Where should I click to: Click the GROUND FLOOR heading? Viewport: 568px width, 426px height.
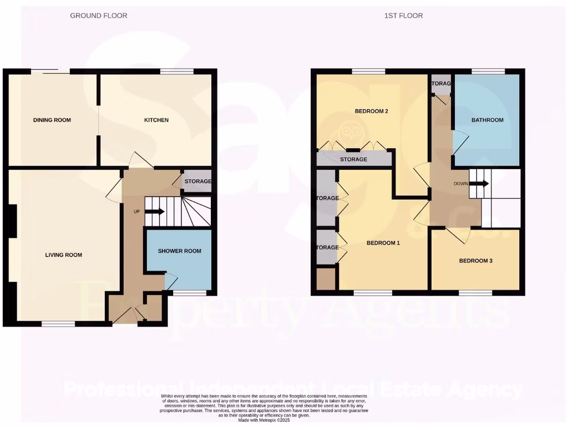tap(98, 16)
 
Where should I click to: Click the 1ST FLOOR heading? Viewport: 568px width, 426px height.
tap(403, 16)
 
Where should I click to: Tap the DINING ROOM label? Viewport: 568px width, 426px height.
tap(52, 120)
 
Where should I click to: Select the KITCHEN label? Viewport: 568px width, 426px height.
tap(156, 120)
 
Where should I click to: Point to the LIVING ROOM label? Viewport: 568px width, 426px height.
tap(64, 255)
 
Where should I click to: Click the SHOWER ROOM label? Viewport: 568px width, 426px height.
tap(179, 251)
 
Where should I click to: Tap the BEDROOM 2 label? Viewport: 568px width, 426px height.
tap(371, 111)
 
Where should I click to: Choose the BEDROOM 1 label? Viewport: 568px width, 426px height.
tap(383, 243)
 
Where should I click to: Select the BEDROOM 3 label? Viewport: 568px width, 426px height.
tap(475, 261)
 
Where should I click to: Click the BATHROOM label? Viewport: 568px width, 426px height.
tap(488, 120)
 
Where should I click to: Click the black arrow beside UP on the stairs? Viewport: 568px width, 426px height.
tap(155, 211)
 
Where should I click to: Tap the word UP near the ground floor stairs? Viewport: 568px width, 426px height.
tap(136, 212)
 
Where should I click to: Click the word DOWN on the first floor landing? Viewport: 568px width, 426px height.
tap(460, 184)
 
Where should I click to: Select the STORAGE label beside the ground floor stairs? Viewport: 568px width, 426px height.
tap(197, 181)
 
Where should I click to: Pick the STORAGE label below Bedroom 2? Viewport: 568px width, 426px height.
tap(354, 160)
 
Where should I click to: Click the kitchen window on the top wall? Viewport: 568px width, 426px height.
tap(177, 71)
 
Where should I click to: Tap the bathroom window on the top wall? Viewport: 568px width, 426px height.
tap(488, 71)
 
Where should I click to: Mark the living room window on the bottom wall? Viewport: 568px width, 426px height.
tap(58, 324)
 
